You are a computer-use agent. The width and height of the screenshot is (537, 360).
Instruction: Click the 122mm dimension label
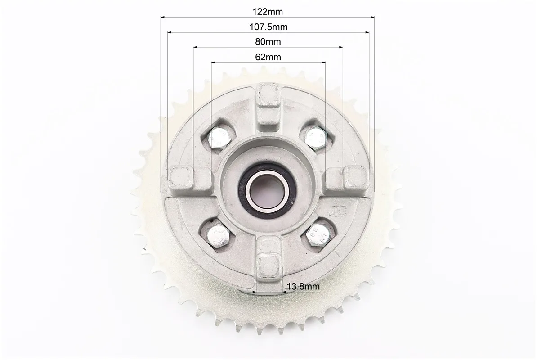268,12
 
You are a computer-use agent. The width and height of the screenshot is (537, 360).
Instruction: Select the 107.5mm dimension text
268,27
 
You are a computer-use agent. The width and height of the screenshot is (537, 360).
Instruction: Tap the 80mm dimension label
268,42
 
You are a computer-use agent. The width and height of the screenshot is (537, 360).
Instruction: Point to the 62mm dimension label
268,57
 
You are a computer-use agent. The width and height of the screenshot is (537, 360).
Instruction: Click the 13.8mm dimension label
303,286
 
